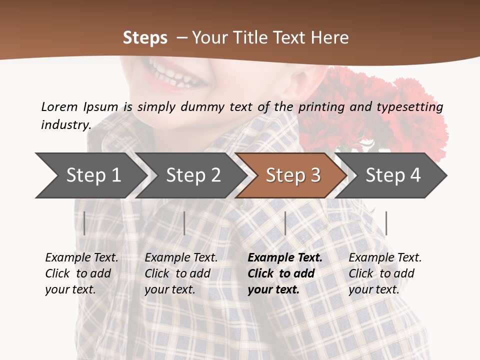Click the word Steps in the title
(145, 38)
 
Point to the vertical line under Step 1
(84, 223)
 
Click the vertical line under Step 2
(184, 223)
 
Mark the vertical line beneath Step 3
(285, 223)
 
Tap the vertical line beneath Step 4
(386, 223)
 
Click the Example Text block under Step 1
(81, 273)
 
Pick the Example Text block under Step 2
(181, 273)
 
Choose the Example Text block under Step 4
(385, 273)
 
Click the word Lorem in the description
(59, 106)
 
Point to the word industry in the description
(65, 124)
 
